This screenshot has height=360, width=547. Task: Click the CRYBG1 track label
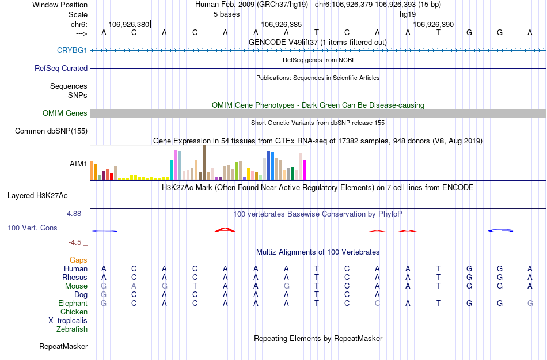[x=72, y=51]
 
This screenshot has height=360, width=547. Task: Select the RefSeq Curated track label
[x=61, y=69]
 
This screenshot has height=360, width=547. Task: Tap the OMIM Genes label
[x=65, y=113]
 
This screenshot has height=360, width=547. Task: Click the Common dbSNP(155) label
[x=51, y=131]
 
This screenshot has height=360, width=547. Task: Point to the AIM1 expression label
[x=78, y=164]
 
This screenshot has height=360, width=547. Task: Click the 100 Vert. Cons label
[x=32, y=228]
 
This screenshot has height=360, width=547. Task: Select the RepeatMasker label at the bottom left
[x=63, y=347]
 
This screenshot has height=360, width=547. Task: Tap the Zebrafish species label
[x=72, y=329]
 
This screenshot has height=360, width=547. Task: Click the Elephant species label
[x=73, y=304]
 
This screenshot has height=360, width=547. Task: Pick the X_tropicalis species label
[x=68, y=321]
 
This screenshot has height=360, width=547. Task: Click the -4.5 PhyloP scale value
[x=75, y=242]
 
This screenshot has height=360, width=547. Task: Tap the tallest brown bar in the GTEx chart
[x=204, y=162]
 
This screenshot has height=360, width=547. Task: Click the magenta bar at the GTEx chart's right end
[x=305, y=170]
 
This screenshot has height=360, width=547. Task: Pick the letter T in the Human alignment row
[x=316, y=269]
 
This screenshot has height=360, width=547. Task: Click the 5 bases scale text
[x=226, y=14]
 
